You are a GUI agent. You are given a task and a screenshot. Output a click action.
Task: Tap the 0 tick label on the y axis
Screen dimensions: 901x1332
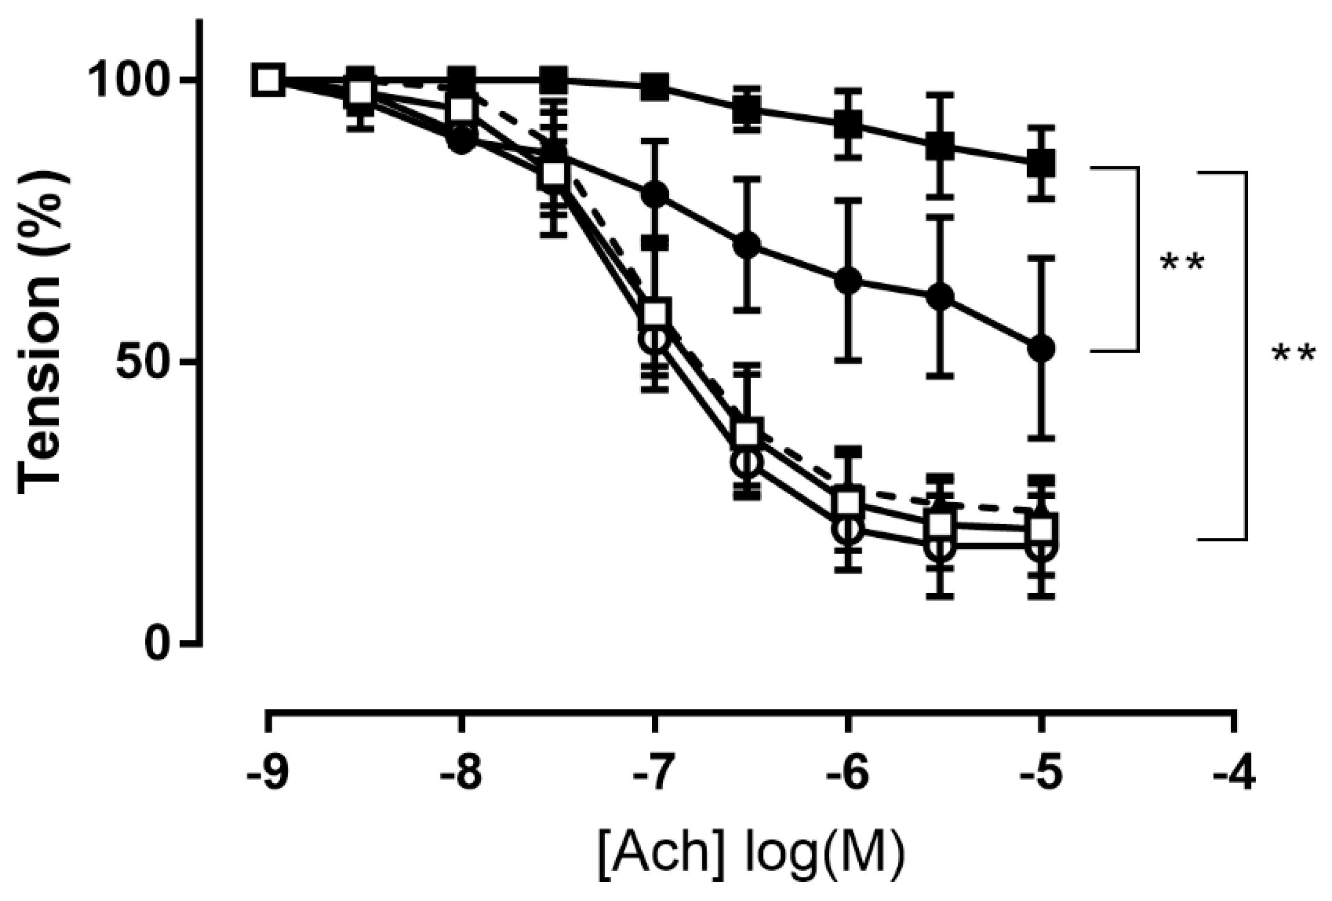coord(158,644)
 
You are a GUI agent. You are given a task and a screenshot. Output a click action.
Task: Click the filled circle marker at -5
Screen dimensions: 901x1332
coord(1040,349)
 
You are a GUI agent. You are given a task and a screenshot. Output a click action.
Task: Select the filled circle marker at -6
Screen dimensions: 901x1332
coord(848,281)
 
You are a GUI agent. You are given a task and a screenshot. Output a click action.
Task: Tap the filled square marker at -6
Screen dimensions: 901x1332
coord(848,123)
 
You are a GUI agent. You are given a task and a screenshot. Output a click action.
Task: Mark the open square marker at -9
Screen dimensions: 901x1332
coord(268,81)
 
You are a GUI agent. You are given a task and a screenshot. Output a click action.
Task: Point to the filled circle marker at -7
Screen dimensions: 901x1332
coord(655,194)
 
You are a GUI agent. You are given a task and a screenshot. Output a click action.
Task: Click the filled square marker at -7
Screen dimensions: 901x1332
coord(655,86)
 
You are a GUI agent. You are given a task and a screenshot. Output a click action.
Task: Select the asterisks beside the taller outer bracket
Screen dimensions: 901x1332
coord(1293,354)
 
